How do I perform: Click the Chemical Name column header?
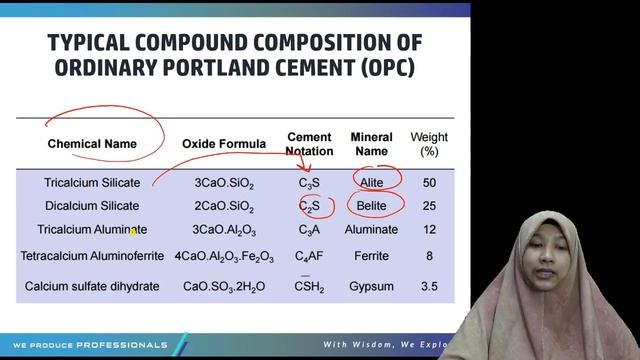[x=92, y=144]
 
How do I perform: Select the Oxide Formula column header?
[x=224, y=144]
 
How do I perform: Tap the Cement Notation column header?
[x=309, y=144]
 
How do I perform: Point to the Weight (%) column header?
[x=429, y=144]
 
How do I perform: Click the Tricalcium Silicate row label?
[x=92, y=183]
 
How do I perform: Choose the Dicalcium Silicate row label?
[x=92, y=206]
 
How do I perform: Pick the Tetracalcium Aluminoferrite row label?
[x=92, y=256]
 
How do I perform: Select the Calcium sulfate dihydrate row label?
[x=92, y=287]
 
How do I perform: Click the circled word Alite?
[x=371, y=183]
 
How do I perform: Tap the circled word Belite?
[x=371, y=206]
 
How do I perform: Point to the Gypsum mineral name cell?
[x=371, y=287]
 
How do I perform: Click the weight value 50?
[x=429, y=183]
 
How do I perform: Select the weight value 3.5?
[x=429, y=287]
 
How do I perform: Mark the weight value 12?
[x=429, y=230]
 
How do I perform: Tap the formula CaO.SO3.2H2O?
[x=224, y=288]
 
